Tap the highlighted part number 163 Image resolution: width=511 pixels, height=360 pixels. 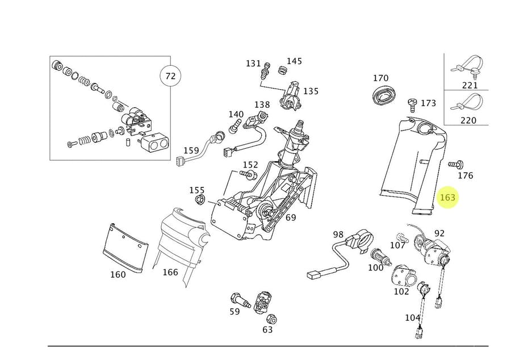(x=448, y=197)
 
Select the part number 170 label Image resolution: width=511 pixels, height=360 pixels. (x=380, y=78)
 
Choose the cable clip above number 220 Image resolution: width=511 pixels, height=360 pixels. (x=468, y=103)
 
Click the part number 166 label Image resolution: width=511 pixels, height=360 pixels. (x=170, y=272)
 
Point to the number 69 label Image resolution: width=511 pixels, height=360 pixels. (x=291, y=217)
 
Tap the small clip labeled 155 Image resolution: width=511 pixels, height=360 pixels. (x=200, y=199)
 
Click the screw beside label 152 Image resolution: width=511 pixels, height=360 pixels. (x=249, y=173)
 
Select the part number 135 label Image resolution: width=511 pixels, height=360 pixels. (x=311, y=91)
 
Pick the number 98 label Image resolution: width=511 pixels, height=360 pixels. (x=338, y=234)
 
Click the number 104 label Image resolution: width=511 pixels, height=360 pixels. (x=413, y=318)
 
